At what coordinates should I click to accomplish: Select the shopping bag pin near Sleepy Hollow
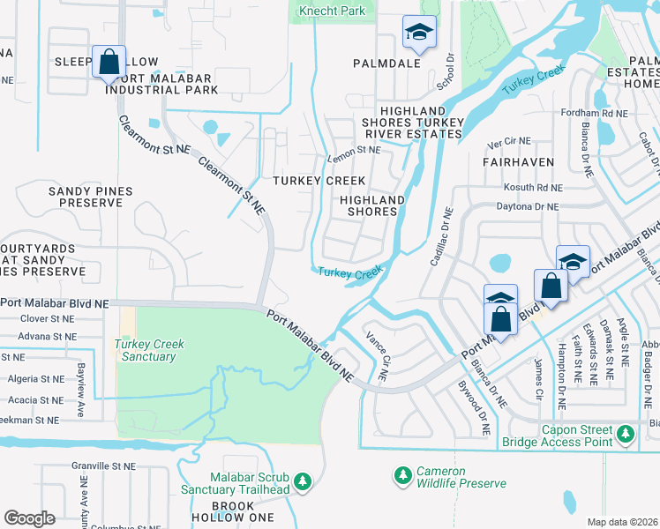click(109, 62)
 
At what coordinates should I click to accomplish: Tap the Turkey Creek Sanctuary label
click(145, 350)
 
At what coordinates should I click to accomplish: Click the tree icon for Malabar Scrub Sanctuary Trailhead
click(303, 481)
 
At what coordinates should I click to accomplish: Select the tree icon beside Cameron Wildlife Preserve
click(403, 475)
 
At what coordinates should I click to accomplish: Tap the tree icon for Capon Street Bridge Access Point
click(626, 433)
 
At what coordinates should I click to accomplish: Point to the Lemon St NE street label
click(353, 151)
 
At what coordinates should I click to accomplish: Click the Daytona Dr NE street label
click(529, 206)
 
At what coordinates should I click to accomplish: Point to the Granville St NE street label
click(102, 465)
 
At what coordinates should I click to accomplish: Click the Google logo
click(29, 518)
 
